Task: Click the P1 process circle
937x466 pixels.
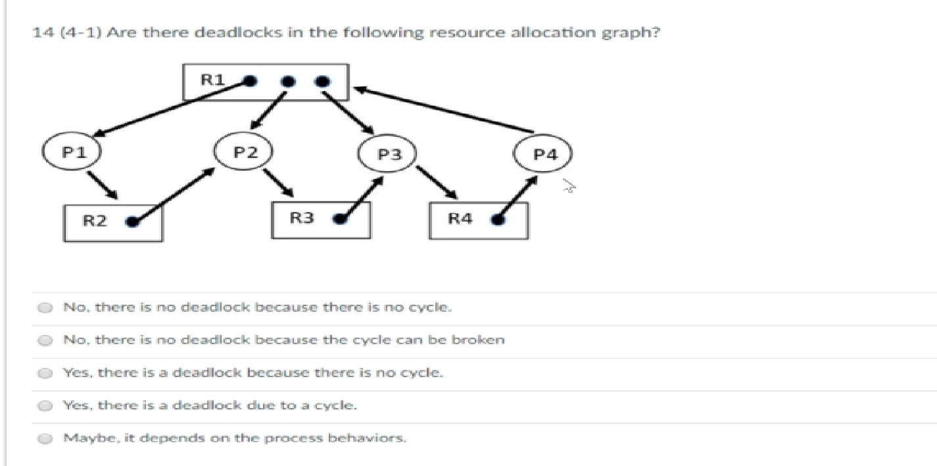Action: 70,152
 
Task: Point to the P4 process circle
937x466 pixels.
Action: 545,154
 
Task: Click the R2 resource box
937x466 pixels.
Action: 113,222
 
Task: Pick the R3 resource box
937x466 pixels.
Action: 321,219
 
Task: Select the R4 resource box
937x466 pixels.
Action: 478,220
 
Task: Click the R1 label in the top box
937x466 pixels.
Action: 212,80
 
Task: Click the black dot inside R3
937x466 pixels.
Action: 341,219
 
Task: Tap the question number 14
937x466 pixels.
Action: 39,33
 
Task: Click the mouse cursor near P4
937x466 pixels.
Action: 568,188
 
